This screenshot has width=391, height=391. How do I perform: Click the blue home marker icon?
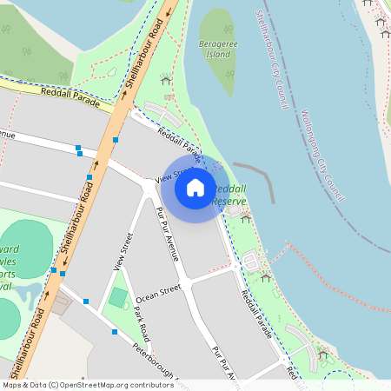coord(195,187)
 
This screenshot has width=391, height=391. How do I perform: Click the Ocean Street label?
coord(157,292)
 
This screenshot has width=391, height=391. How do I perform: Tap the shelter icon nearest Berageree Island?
coord(165,80)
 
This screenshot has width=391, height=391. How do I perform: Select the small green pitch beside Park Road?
coord(117,298)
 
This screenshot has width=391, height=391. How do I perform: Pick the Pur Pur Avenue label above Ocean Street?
coord(167,233)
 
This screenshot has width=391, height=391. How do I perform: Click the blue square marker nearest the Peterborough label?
coord(115,332)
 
